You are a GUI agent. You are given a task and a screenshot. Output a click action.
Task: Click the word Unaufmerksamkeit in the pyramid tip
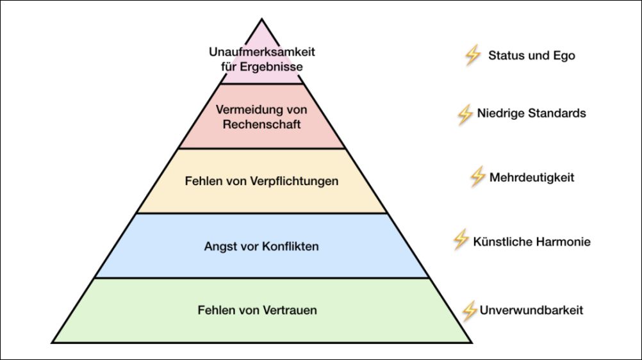pyautogui.click(x=261, y=51)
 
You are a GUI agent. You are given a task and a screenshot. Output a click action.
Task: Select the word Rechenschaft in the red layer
pyautogui.click(x=261, y=124)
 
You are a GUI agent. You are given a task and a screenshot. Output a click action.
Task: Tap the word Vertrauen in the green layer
pyautogui.click(x=290, y=311)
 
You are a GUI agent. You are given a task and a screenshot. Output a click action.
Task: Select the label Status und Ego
pyautogui.click(x=531, y=56)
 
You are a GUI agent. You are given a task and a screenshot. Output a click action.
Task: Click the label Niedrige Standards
pyautogui.click(x=531, y=113)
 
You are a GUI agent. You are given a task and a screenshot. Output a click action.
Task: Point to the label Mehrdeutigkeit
pyautogui.click(x=531, y=177)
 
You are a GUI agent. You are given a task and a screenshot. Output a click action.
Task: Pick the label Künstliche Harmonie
pyautogui.click(x=531, y=241)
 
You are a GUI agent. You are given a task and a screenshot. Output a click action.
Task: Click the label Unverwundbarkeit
pyautogui.click(x=531, y=311)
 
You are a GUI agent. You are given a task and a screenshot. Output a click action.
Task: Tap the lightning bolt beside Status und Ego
pyautogui.click(x=472, y=56)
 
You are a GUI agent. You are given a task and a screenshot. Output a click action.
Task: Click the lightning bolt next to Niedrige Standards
pyautogui.click(x=465, y=114)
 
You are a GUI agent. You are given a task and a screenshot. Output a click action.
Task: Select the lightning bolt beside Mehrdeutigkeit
pyautogui.click(x=477, y=177)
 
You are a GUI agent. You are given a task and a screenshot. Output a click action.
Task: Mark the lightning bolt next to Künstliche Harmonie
pyautogui.click(x=461, y=240)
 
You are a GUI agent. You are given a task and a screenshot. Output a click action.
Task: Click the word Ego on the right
pyautogui.click(x=564, y=56)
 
